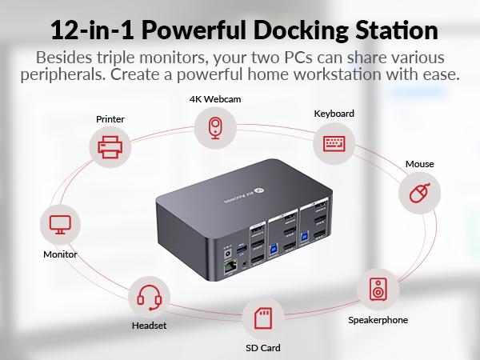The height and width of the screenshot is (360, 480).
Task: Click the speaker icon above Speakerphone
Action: [x=378, y=289]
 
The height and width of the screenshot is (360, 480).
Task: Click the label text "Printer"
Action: [x=110, y=119]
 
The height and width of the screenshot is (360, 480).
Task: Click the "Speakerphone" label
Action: [x=378, y=320]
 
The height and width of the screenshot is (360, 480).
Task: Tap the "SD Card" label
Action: [x=263, y=348]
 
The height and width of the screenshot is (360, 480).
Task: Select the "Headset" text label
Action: [x=149, y=326]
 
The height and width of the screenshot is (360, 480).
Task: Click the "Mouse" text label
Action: [x=419, y=164]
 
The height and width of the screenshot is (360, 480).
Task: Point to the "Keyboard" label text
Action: [x=334, y=114]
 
